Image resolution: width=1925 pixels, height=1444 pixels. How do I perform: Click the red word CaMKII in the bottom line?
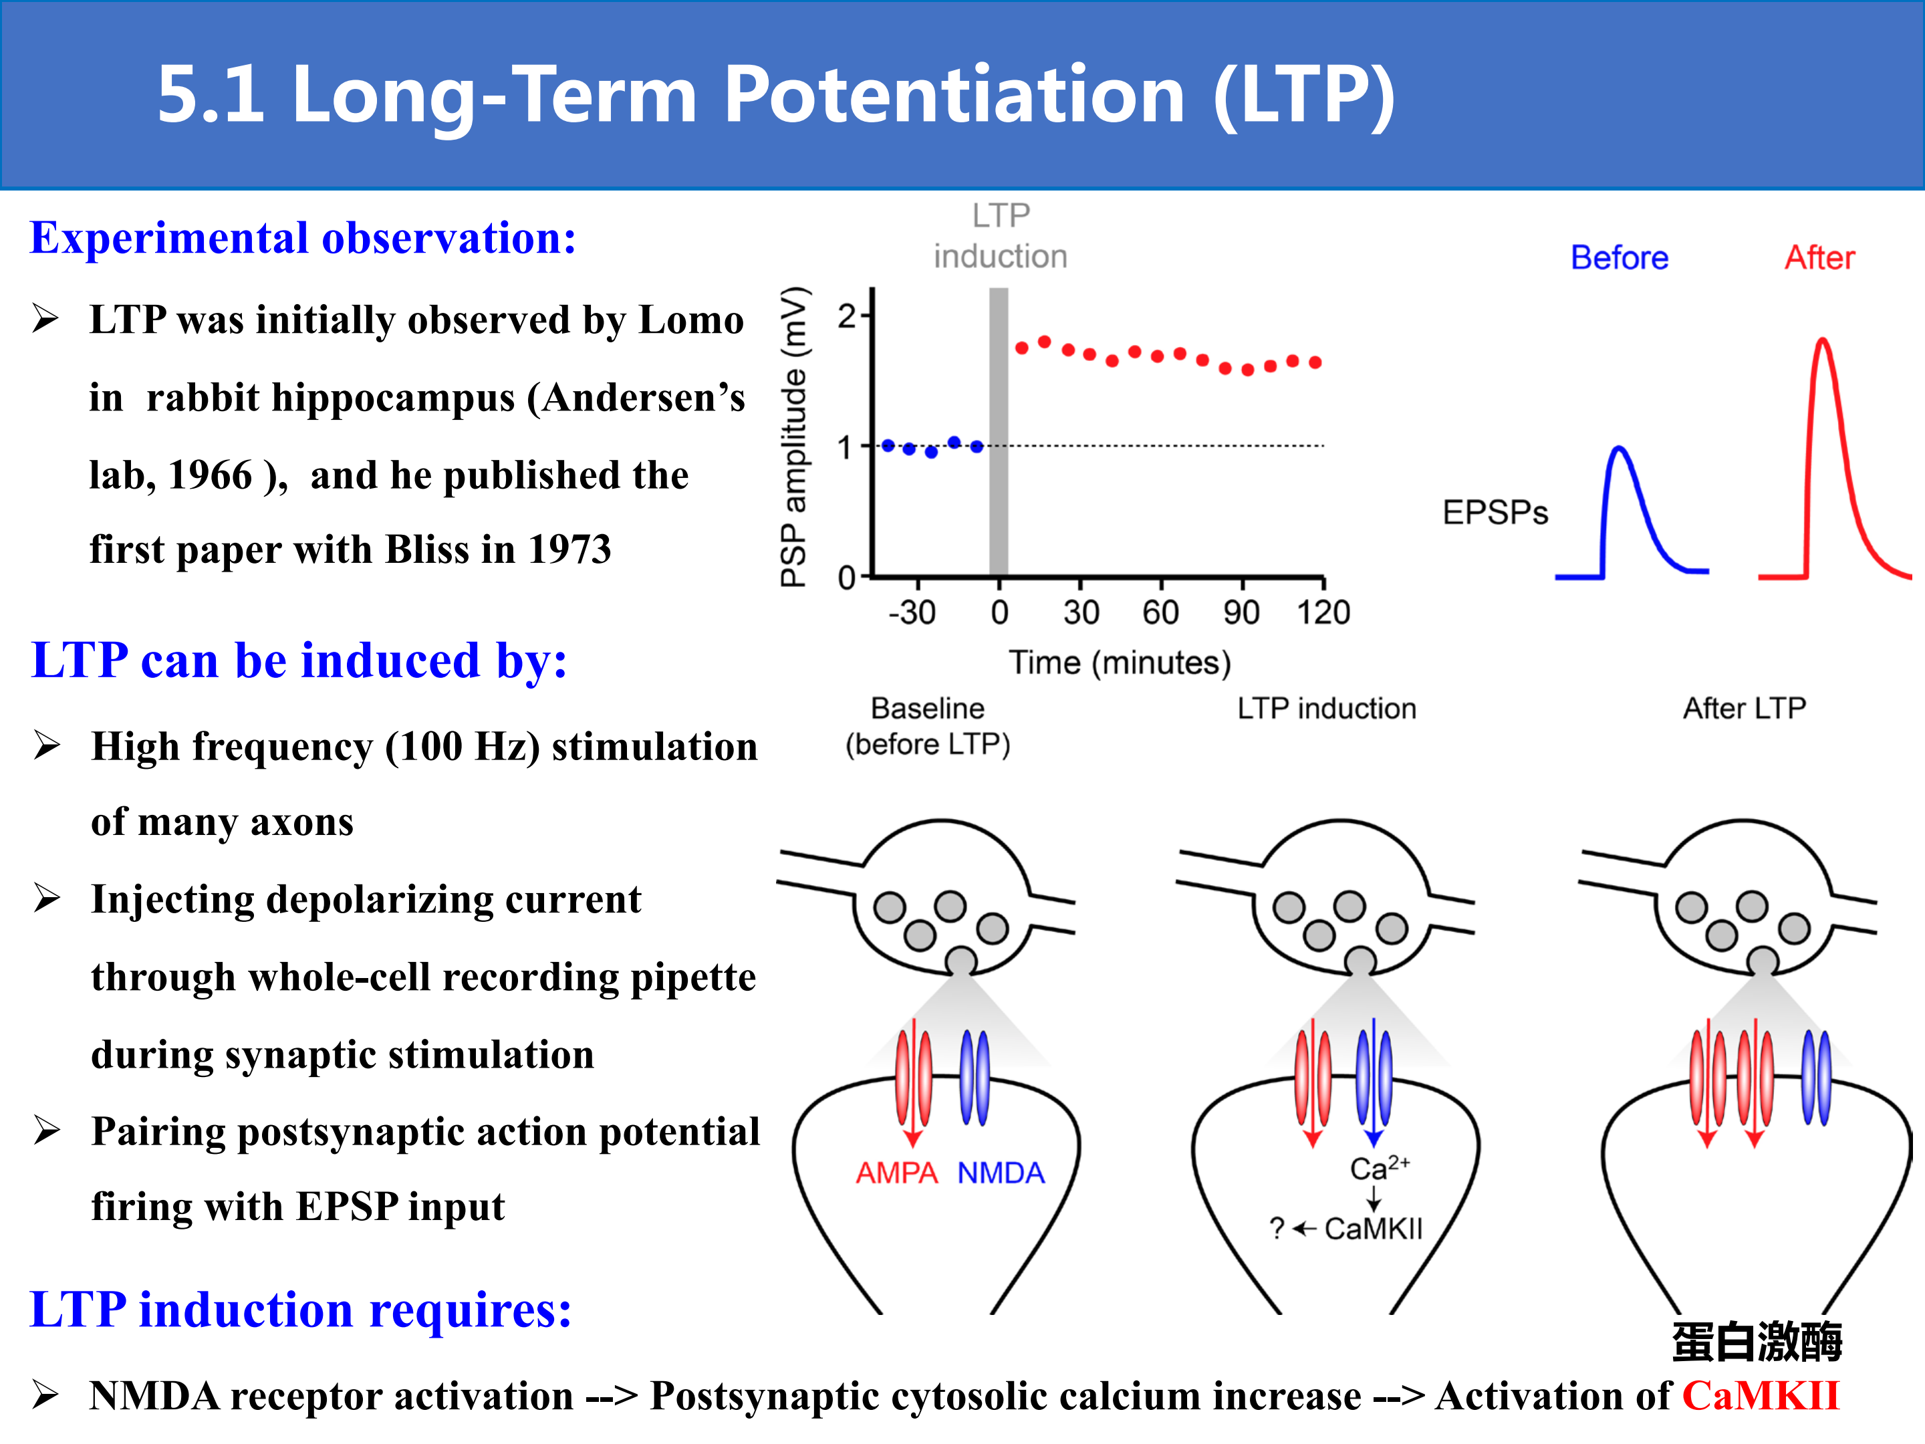pyautogui.click(x=1761, y=1395)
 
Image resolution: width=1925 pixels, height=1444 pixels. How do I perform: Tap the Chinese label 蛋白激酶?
pyautogui.click(x=1757, y=1340)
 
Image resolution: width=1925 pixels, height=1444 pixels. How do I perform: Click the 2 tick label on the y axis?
pyautogui.click(x=847, y=316)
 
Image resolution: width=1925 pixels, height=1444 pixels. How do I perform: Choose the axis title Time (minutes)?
pyautogui.click(x=1120, y=663)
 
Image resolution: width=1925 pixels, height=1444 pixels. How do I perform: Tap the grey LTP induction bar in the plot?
pyautogui.click(x=999, y=432)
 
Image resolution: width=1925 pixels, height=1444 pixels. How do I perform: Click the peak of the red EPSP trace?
pyautogui.click(x=1822, y=340)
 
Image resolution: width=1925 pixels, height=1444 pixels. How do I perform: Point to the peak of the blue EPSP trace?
pyautogui.click(x=1619, y=449)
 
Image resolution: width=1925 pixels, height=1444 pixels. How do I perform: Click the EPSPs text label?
pyautogui.click(x=1495, y=513)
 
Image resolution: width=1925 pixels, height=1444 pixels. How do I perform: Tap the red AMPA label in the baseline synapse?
pyautogui.click(x=896, y=1173)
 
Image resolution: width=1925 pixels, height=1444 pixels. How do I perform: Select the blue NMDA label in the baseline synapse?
pyautogui.click(x=1001, y=1173)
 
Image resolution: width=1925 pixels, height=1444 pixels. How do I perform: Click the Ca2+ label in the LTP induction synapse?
pyautogui.click(x=1380, y=1168)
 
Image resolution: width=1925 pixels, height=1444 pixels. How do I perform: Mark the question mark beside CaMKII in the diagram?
pyautogui.click(x=1277, y=1229)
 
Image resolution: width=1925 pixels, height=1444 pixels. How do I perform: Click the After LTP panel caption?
pyautogui.click(x=1744, y=709)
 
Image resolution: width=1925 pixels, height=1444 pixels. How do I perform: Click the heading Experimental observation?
pyautogui.click(x=303, y=239)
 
